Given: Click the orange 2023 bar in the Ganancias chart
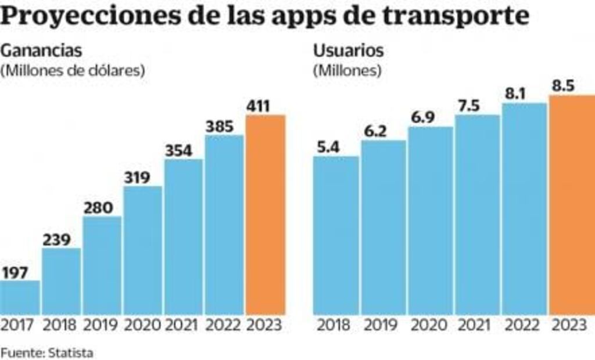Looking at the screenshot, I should pos(266,215).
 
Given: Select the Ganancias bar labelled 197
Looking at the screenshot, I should pos(20,297).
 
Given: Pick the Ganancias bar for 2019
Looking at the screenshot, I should pos(102,265).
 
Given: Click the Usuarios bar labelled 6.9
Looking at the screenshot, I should pos(430,221).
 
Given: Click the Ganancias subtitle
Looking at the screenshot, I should pos(41,51).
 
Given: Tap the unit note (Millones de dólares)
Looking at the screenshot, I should pos(73,71).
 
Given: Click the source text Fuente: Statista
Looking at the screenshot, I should pos(46,352).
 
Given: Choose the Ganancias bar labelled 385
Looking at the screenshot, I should pos(224,225).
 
